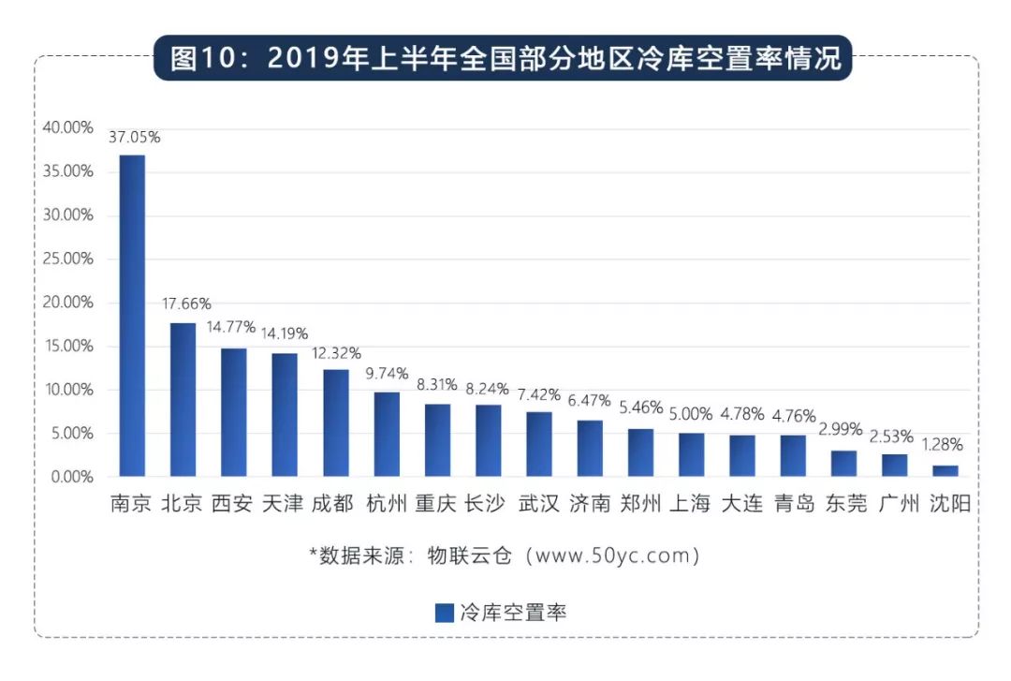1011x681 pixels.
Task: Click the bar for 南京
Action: coord(132,316)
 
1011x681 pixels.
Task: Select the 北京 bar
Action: coord(183,400)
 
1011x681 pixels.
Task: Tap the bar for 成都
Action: coord(336,423)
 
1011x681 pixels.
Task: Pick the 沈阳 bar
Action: coord(945,471)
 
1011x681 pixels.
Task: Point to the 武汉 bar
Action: coord(539,444)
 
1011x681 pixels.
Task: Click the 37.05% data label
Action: coord(135,137)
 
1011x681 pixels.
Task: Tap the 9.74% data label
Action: coord(388,374)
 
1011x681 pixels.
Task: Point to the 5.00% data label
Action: coord(691,414)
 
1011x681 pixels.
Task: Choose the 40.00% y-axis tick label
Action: coord(67,127)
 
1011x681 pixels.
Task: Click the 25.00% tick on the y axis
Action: coord(67,259)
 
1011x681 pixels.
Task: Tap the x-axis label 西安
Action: coord(231,504)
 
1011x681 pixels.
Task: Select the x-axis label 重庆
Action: coord(435,504)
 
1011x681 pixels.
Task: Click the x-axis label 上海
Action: coord(690,504)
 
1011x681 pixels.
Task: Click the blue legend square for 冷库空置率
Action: coord(445,613)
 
